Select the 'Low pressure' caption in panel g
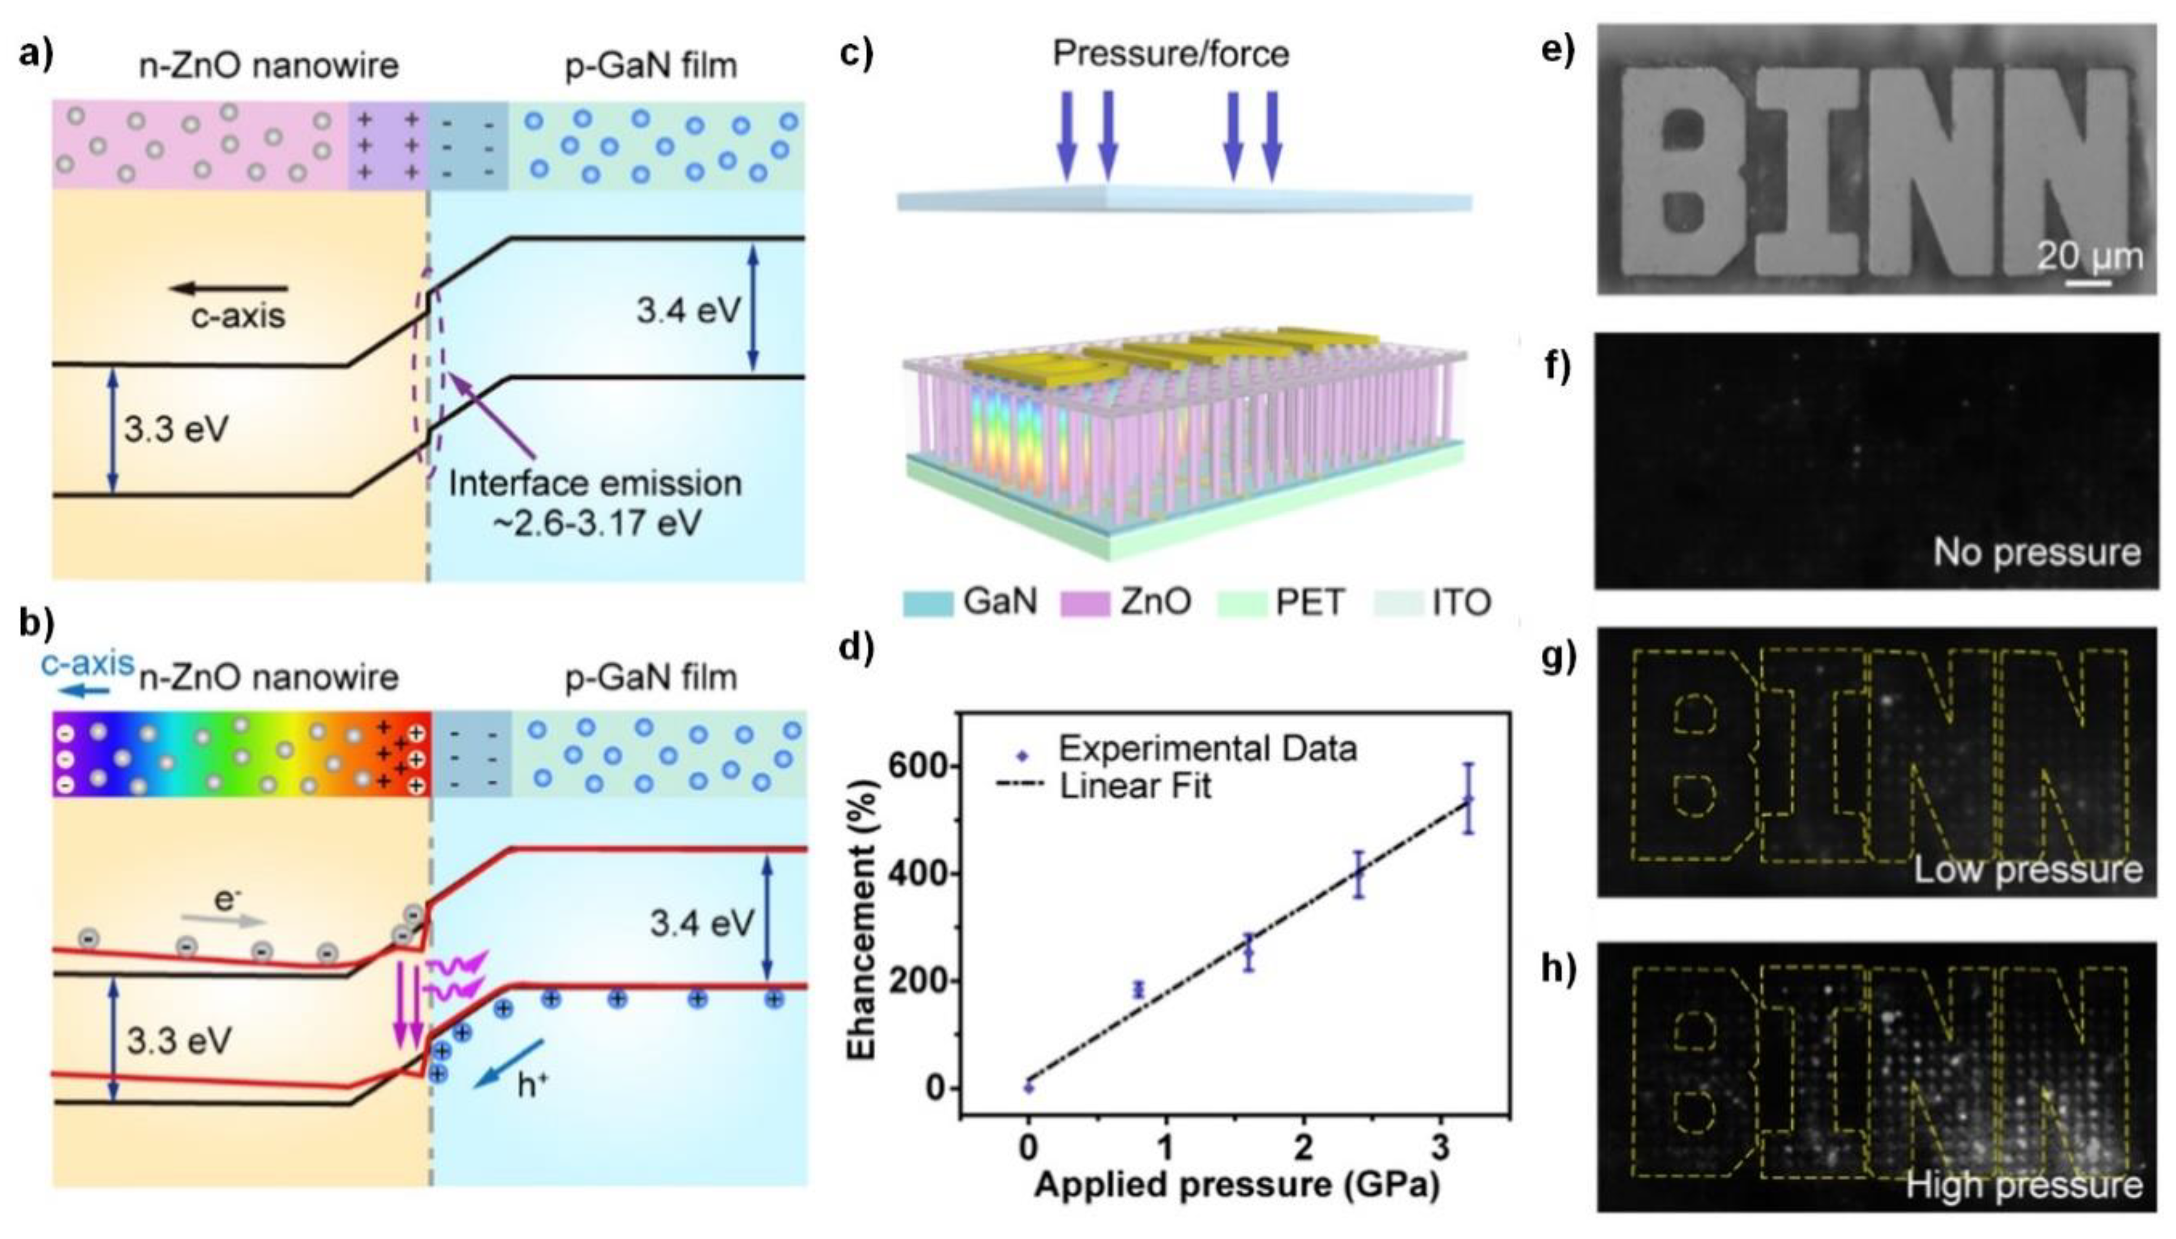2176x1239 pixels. [2027, 870]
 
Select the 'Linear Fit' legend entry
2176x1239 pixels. [1135, 786]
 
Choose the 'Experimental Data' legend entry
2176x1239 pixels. [1207, 749]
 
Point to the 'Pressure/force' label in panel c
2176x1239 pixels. [1171, 54]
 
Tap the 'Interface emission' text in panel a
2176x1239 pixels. [595, 484]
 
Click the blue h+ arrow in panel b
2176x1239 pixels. [509, 1063]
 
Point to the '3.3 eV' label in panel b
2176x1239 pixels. [179, 1041]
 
